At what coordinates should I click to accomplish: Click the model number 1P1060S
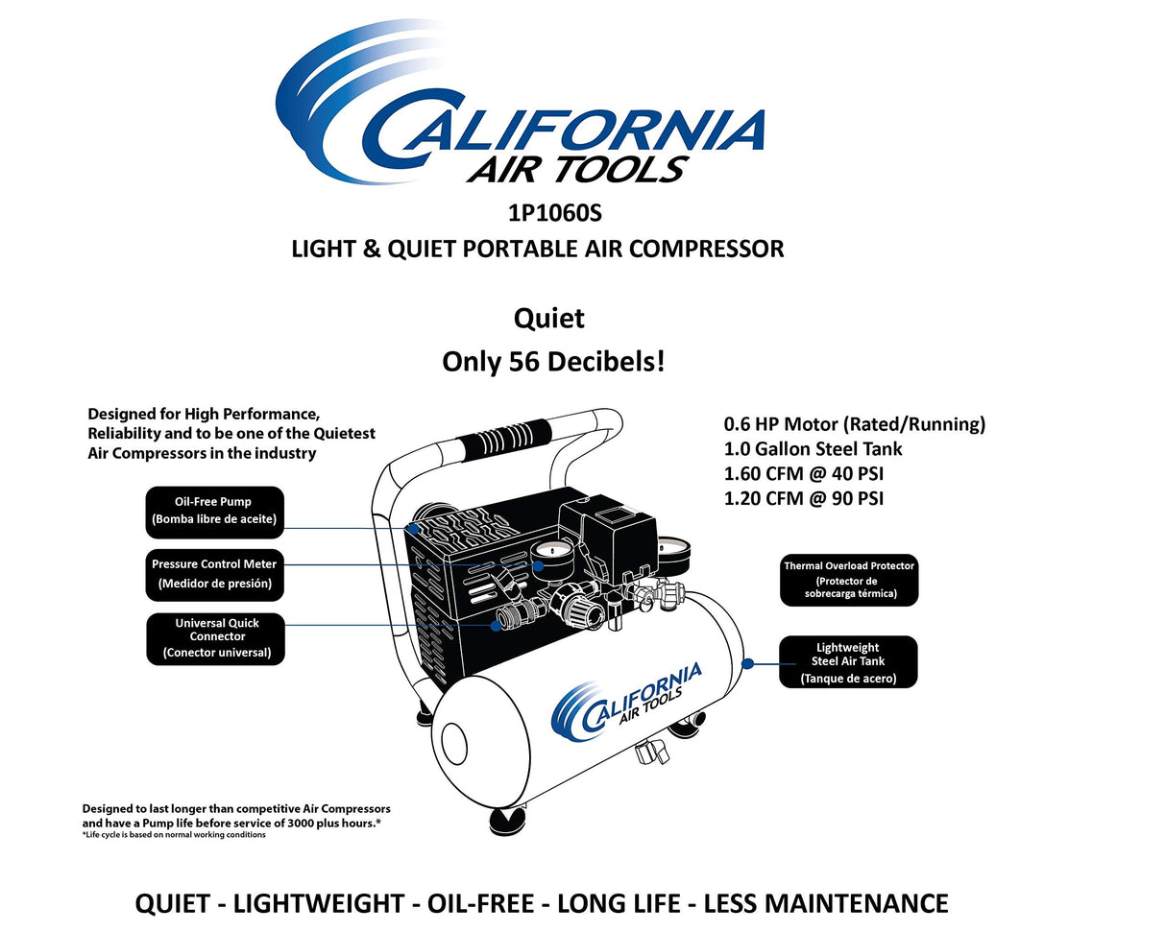pos(555,213)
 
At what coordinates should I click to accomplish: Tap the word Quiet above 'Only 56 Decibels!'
pos(548,318)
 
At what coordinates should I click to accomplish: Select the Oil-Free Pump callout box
pos(214,511)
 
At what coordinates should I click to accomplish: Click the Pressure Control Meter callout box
pos(214,573)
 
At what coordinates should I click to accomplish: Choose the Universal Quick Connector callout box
pos(216,637)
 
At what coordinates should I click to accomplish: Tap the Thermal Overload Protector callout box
pos(848,580)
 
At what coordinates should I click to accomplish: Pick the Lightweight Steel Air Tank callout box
pos(847,661)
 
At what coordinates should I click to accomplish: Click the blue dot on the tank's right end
pos(749,662)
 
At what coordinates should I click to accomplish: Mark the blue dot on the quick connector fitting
pos(496,626)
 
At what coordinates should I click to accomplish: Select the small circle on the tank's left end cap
pos(453,744)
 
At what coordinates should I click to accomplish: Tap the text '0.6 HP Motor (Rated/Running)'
pos(854,423)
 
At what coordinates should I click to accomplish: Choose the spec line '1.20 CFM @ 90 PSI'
pos(803,498)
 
